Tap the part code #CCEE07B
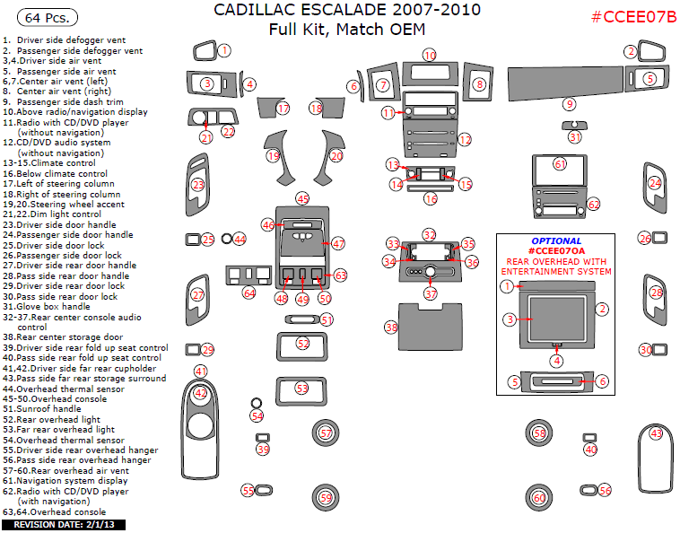click(x=634, y=18)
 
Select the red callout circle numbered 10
click(x=430, y=56)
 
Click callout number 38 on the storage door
click(x=391, y=328)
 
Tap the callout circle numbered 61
click(x=560, y=164)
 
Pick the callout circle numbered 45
click(x=303, y=198)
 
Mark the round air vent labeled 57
click(x=325, y=433)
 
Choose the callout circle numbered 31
click(x=575, y=137)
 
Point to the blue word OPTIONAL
click(x=555, y=241)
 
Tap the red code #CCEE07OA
click(x=555, y=251)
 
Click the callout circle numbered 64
click(x=249, y=293)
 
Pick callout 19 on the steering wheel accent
click(x=274, y=155)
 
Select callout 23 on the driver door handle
click(x=198, y=185)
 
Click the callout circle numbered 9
click(x=569, y=104)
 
